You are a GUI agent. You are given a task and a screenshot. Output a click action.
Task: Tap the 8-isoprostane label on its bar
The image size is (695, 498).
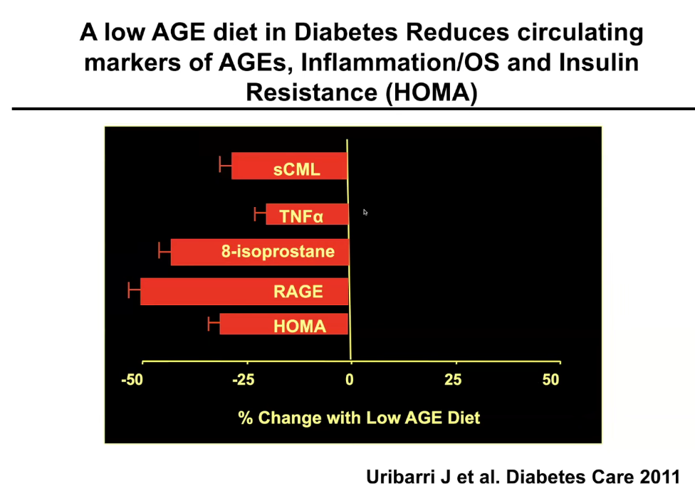click(278, 251)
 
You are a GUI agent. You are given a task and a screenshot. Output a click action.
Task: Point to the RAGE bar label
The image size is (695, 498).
click(298, 291)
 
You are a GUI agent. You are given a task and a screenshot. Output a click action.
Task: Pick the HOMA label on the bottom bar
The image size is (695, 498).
click(300, 327)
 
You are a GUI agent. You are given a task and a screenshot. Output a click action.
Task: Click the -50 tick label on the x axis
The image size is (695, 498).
click(132, 380)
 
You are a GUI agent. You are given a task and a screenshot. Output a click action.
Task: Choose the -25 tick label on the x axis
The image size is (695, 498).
click(244, 380)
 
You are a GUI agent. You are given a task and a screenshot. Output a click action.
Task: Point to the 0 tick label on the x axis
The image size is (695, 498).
click(350, 380)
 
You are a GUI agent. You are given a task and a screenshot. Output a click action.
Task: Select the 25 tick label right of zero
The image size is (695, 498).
click(453, 380)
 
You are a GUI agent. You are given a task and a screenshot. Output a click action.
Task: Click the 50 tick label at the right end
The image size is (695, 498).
click(550, 380)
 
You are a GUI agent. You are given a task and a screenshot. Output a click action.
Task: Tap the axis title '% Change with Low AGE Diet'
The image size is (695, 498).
click(359, 418)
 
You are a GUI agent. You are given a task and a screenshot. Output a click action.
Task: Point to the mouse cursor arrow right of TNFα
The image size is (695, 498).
click(365, 212)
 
